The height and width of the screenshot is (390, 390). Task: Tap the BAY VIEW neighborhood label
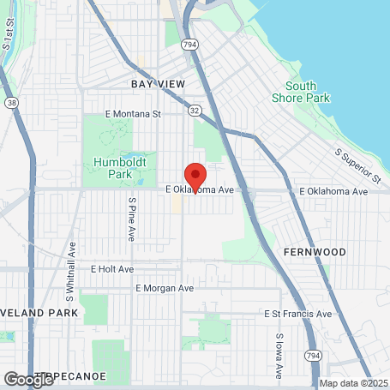point(158,84)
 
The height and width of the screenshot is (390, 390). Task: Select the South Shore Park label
point(307,92)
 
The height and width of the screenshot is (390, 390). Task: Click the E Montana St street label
point(133,113)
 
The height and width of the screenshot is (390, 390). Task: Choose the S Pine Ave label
point(132,220)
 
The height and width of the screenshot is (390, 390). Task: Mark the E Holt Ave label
point(112,268)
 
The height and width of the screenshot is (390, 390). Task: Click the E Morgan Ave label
point(164,288)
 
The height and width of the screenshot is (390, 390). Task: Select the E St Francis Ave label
point(297,314)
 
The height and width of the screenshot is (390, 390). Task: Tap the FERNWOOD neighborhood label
point(314,253)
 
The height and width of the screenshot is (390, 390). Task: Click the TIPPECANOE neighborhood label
point(83,375)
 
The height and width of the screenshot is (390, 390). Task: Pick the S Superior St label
point(357,165)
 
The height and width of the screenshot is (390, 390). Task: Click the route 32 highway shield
point(195,111)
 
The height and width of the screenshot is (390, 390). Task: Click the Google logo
point(28,379)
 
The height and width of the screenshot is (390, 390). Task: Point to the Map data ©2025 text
point(354,384)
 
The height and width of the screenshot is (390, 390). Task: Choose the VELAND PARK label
point(39,314)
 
